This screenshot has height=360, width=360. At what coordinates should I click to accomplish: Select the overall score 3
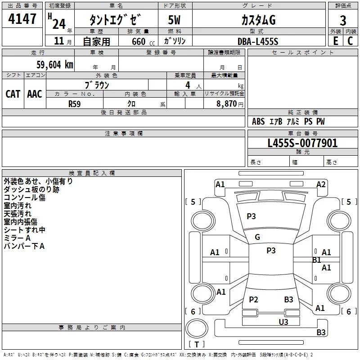tap(343, 20)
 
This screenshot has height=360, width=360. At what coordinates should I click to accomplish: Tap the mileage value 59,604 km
tap(49, 64)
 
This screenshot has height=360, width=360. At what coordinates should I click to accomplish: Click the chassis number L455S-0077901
tap(302, 144)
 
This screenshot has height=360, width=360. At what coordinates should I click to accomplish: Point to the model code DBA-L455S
tap(258, 41)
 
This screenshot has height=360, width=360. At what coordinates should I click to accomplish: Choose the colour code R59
tap(75, 103)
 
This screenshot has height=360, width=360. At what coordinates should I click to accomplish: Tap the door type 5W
tap(175, 20)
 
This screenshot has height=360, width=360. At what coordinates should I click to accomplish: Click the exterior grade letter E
tap(335, 41)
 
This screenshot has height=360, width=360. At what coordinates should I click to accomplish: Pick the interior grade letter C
tap(350, 41)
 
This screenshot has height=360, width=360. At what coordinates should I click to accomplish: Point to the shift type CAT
tap(13, 94)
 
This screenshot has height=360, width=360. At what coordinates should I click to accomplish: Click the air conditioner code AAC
tap(34, 94)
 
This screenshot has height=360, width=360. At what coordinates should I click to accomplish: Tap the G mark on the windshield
tap(257, 237)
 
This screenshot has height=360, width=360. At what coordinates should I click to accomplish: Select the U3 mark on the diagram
tap(283, 322)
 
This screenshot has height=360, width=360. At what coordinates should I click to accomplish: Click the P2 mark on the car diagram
tap(253, 300)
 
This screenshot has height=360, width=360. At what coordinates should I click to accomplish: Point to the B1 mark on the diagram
tap(317, 260)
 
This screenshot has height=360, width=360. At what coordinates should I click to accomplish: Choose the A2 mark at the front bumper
tap(321, 184)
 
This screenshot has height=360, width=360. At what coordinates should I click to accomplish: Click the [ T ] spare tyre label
tap(197, 345)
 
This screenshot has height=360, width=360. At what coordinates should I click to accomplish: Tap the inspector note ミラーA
tap(17, 238)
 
